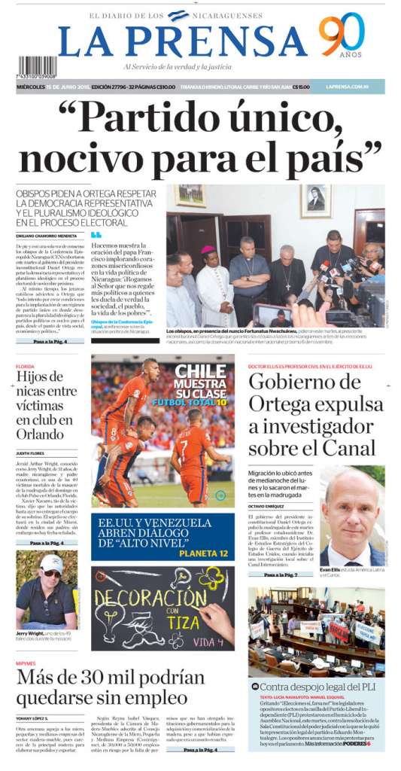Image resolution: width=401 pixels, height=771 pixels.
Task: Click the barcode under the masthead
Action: coord(37,67)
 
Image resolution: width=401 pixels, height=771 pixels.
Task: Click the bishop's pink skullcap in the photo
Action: coord(208,249)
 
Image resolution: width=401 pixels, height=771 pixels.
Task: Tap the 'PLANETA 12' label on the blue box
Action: coord(203,553)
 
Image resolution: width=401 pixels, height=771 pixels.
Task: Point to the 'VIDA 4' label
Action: coord(209,642)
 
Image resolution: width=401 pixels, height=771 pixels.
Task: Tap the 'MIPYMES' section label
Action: coord(26,663)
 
